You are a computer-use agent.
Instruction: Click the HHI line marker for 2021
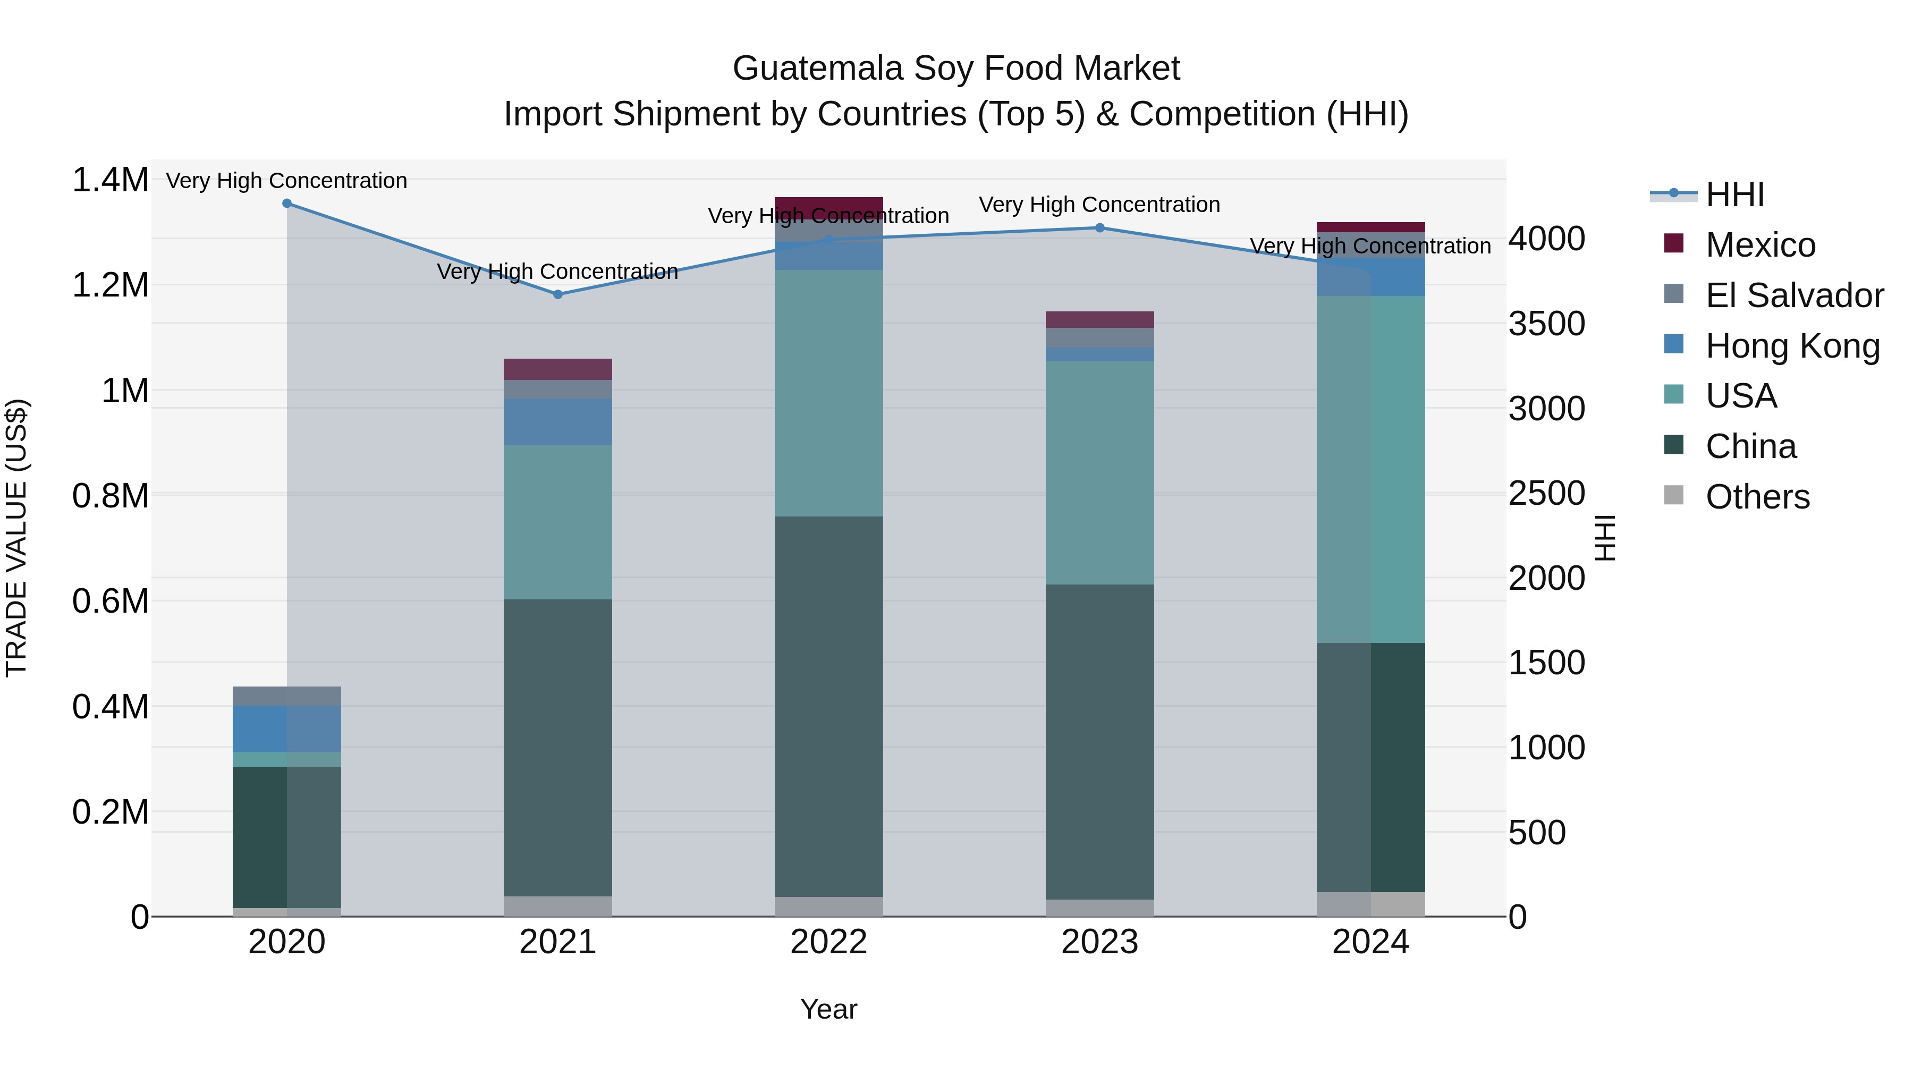click(x=558, y=294)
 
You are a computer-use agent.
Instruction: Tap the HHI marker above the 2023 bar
click(x=1100, y=228)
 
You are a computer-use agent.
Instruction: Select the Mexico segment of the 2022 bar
click(x=829, y=207)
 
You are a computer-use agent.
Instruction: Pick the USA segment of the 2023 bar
click(x=1100, y=472)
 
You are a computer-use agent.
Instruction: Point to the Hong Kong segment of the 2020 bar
click(x=286, y=728)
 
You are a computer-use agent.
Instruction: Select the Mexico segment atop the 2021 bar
click(x=558, y=369)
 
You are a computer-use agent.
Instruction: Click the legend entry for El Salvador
click(x=1794, y=295)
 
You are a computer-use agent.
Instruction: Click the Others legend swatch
click(x=1674, y=495)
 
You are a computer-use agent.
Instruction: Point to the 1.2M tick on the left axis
click(x=110, y=285)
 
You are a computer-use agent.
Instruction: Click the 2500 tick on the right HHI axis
click(x=1547, y=493)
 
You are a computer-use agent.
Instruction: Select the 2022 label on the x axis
click(x=829, y=942)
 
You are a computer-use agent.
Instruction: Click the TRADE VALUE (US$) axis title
click(x=17, y=538)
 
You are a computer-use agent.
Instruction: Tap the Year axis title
click(x=829, y=1009)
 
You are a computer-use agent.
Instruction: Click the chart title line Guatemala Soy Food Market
click(x=956, y=69)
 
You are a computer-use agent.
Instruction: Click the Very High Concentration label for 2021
click(x=558, y=272)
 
